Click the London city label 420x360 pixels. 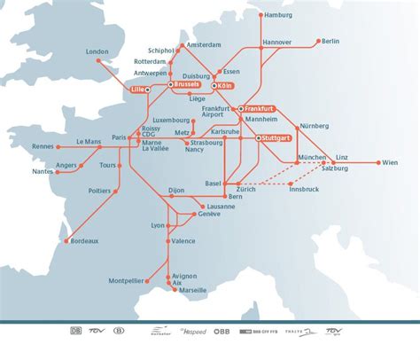click(x=97, y=51)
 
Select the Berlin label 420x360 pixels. click(x=330, y=41)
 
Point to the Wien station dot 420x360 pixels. click(x=379, y=163)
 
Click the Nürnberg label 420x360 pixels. click(x=314, y=126)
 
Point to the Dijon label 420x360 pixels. click(x=177, y=189)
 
